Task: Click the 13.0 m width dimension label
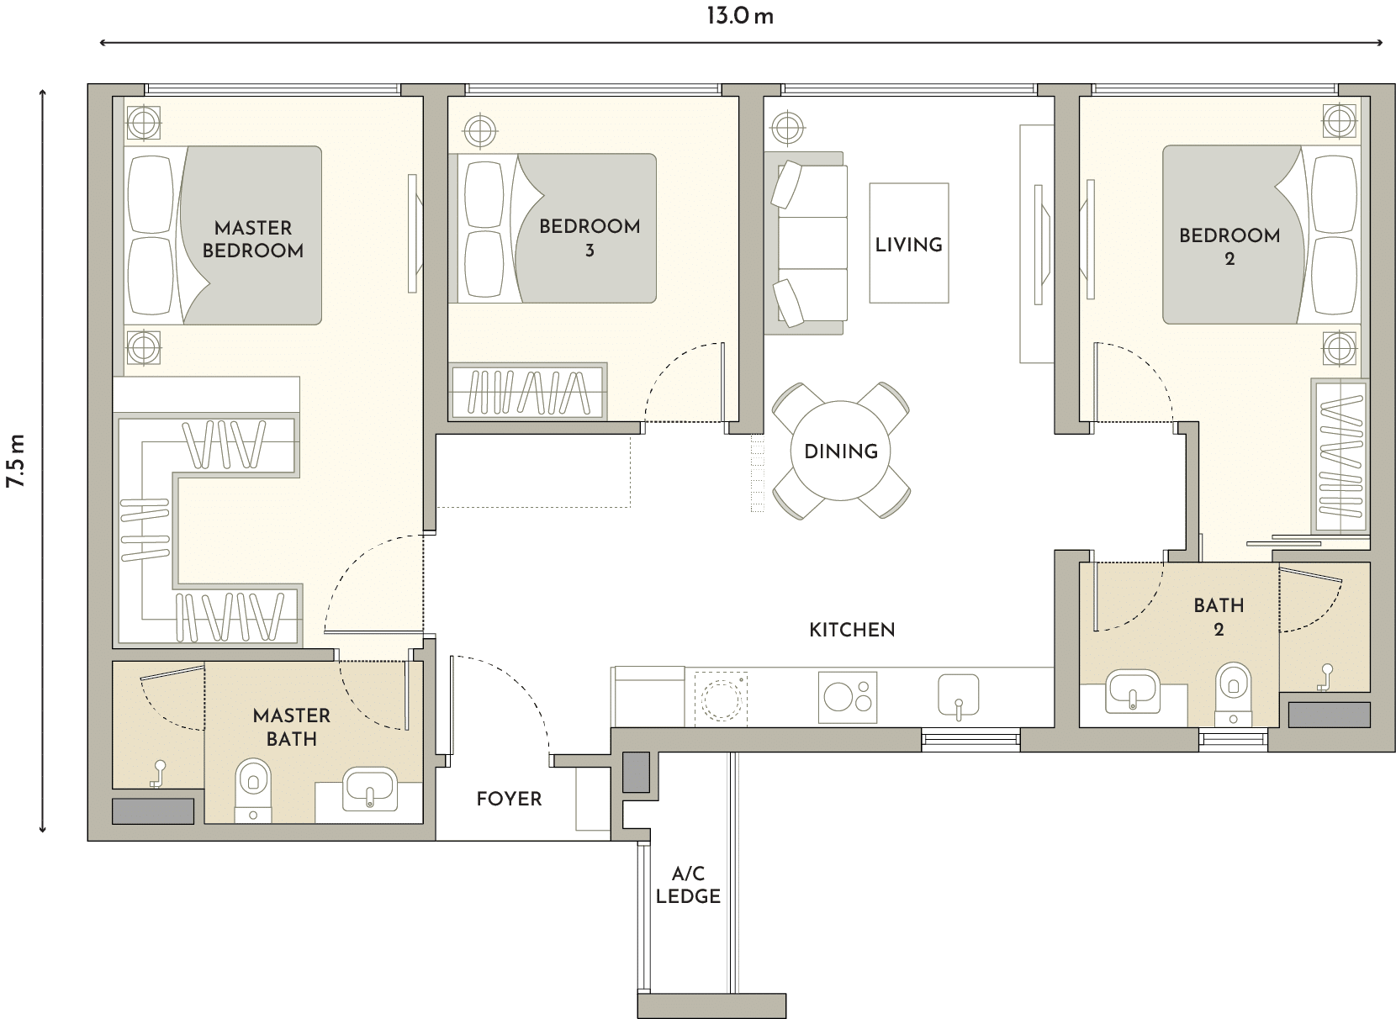(x=740, y=16)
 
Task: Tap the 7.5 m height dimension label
(x=16, y=461)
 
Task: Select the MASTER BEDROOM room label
(x=253, y=240)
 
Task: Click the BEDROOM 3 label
(x=590, y=237)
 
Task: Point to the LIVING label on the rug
(x=908, y=245)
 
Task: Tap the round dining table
(x=840, y=451)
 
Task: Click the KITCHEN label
(x=852, y=630)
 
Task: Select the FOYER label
(x=509, y=799)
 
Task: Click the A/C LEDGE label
(x=688, y=885)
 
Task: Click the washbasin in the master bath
(x=369, y=789)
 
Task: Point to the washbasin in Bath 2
(x=1133, y=692)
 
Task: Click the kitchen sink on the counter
(x=959, y=695)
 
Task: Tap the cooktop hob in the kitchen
(x=848, y=697)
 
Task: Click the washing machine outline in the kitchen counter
(x=721, y=697)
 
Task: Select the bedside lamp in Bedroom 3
(x=480, y=131)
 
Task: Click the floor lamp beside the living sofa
(x=787, y=129)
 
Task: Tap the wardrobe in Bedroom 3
(x=527, y=392)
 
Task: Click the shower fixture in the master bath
(x=157, y=773)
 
